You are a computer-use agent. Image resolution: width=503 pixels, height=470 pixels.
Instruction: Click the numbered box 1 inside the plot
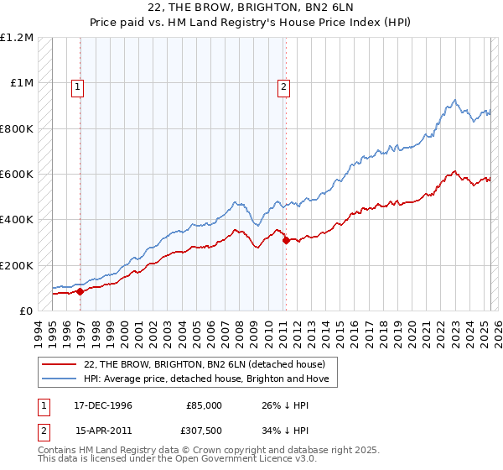pyautogui.click(x=78, y=86)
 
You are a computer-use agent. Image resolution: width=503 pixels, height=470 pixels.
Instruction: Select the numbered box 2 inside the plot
pyautogui.click(x=284, y=86)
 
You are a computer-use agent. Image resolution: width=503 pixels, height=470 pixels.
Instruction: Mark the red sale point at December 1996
pyautogui.click(x=80, y=291)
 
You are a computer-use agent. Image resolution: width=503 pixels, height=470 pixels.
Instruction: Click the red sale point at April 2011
pyautogui.click(x=286, y=241)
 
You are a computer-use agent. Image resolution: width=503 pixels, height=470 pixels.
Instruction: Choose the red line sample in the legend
pyautogui.click(x=60, y=363)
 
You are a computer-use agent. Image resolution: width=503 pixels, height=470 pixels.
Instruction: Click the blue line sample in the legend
pyautogui.click(x=60, y=379)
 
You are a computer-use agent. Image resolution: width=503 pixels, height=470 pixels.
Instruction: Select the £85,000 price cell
pyautogui.click(x=204, y=405)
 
